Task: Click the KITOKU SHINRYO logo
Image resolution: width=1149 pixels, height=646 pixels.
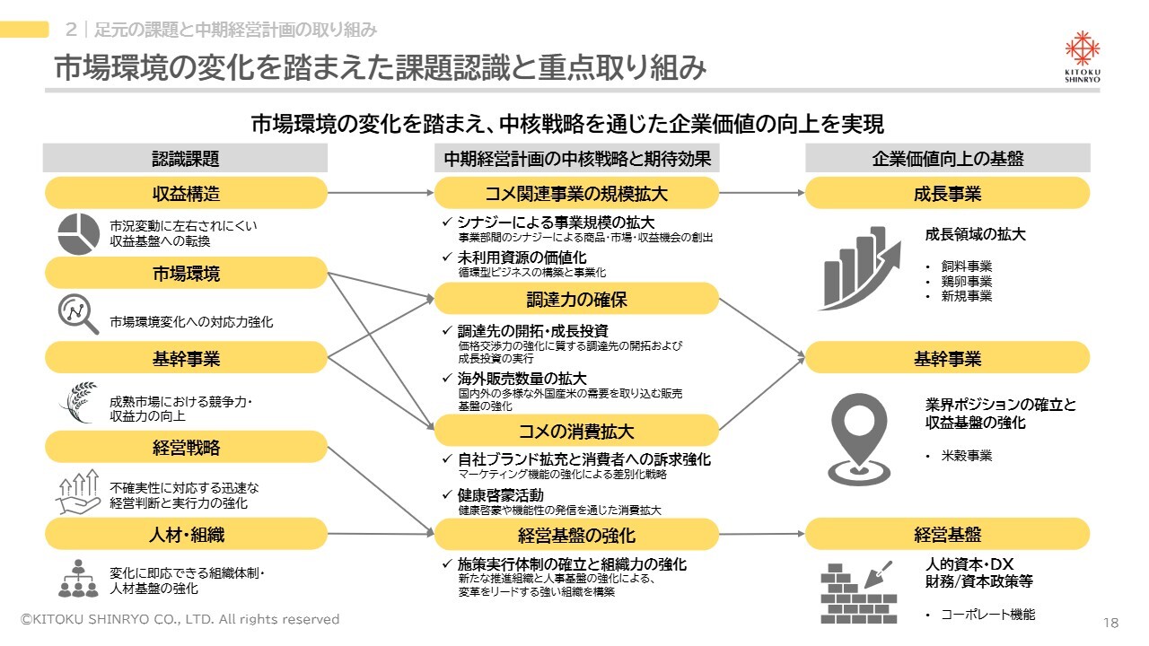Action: (1083, 57)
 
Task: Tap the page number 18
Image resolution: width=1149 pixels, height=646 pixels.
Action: (1110, 623)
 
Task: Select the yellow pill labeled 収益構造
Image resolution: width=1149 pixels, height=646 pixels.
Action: (186, 193)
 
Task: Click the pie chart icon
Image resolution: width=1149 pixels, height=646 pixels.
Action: (78, 234)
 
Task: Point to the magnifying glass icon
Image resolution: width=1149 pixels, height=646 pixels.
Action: (78, 314)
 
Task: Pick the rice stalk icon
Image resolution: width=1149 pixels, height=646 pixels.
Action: (78, 403)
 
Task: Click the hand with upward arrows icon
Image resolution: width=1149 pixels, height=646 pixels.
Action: (78, 491)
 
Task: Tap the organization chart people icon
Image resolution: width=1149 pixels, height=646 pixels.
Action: (78, 579)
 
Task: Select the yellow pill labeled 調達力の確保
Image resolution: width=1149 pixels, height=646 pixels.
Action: (576, 299)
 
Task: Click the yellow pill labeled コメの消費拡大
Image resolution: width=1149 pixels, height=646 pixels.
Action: (576, 431)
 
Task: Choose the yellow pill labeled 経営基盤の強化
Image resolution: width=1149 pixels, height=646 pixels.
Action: (576, 535)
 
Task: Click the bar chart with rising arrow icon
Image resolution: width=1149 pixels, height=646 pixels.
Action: (860, 268)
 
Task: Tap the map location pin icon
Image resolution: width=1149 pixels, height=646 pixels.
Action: (859, 440)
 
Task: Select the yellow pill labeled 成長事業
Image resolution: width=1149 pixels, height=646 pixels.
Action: (947, 193)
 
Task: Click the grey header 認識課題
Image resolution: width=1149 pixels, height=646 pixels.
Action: (185, 158)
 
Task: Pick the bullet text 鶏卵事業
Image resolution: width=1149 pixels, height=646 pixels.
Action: (967, 281)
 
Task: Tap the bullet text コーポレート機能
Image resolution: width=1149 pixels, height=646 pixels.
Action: (988, 615)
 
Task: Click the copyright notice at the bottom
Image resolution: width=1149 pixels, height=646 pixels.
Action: (180, 619)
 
